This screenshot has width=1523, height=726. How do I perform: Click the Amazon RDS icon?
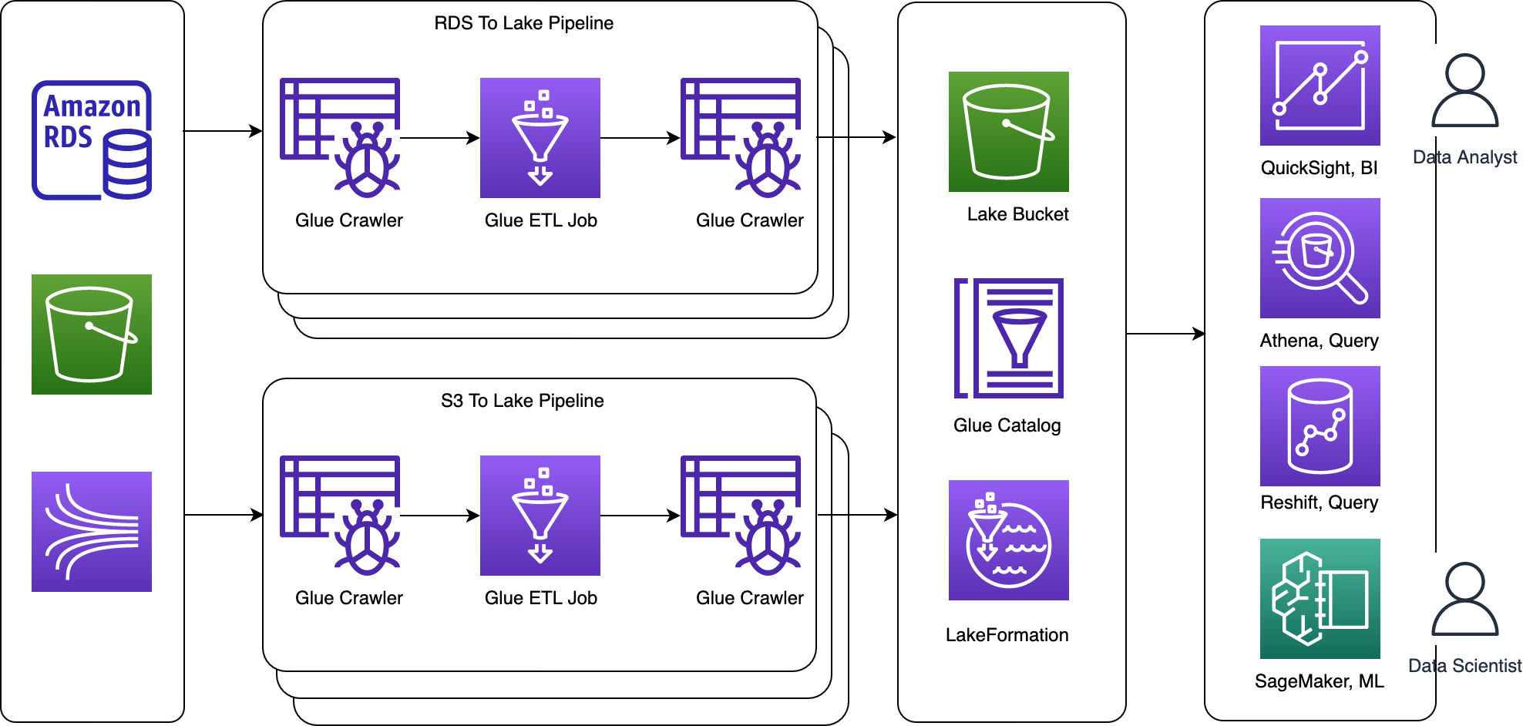tap(92, 139)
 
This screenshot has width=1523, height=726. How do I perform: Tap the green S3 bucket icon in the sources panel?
tap(92, 334)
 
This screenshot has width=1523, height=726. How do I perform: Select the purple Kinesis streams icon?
tap(92, 532)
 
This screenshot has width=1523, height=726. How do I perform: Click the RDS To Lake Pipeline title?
tap(523, 23)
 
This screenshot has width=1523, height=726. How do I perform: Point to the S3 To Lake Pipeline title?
tap(522, 401)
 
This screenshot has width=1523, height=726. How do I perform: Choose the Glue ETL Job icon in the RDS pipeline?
tap(540, 138)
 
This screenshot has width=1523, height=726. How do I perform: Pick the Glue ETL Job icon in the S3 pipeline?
tap(540, 516)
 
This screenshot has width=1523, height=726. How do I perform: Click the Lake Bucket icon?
tap(1009, 132)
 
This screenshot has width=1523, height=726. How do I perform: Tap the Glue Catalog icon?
tap(1009, 338)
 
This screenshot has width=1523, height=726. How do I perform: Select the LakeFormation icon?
tap(1009, 540)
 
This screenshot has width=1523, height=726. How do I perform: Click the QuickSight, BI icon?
tap(1320, 86)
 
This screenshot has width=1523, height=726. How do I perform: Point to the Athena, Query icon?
tap(1320, 258)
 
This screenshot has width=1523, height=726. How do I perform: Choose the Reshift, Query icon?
tap(1320, 426)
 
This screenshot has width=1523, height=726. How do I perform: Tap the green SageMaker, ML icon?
tap(1320, 599)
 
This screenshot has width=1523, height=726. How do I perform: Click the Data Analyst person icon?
tap(1464, 90)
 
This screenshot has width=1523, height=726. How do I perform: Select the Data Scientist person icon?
tap(1464, 599)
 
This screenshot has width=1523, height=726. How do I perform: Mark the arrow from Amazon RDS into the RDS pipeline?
tap(223, 131)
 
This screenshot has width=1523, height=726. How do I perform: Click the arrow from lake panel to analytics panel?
tap(1165, 334)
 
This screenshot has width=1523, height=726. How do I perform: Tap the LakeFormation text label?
tap(1007, 635)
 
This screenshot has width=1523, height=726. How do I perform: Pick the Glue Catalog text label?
tap(1007, 425)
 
